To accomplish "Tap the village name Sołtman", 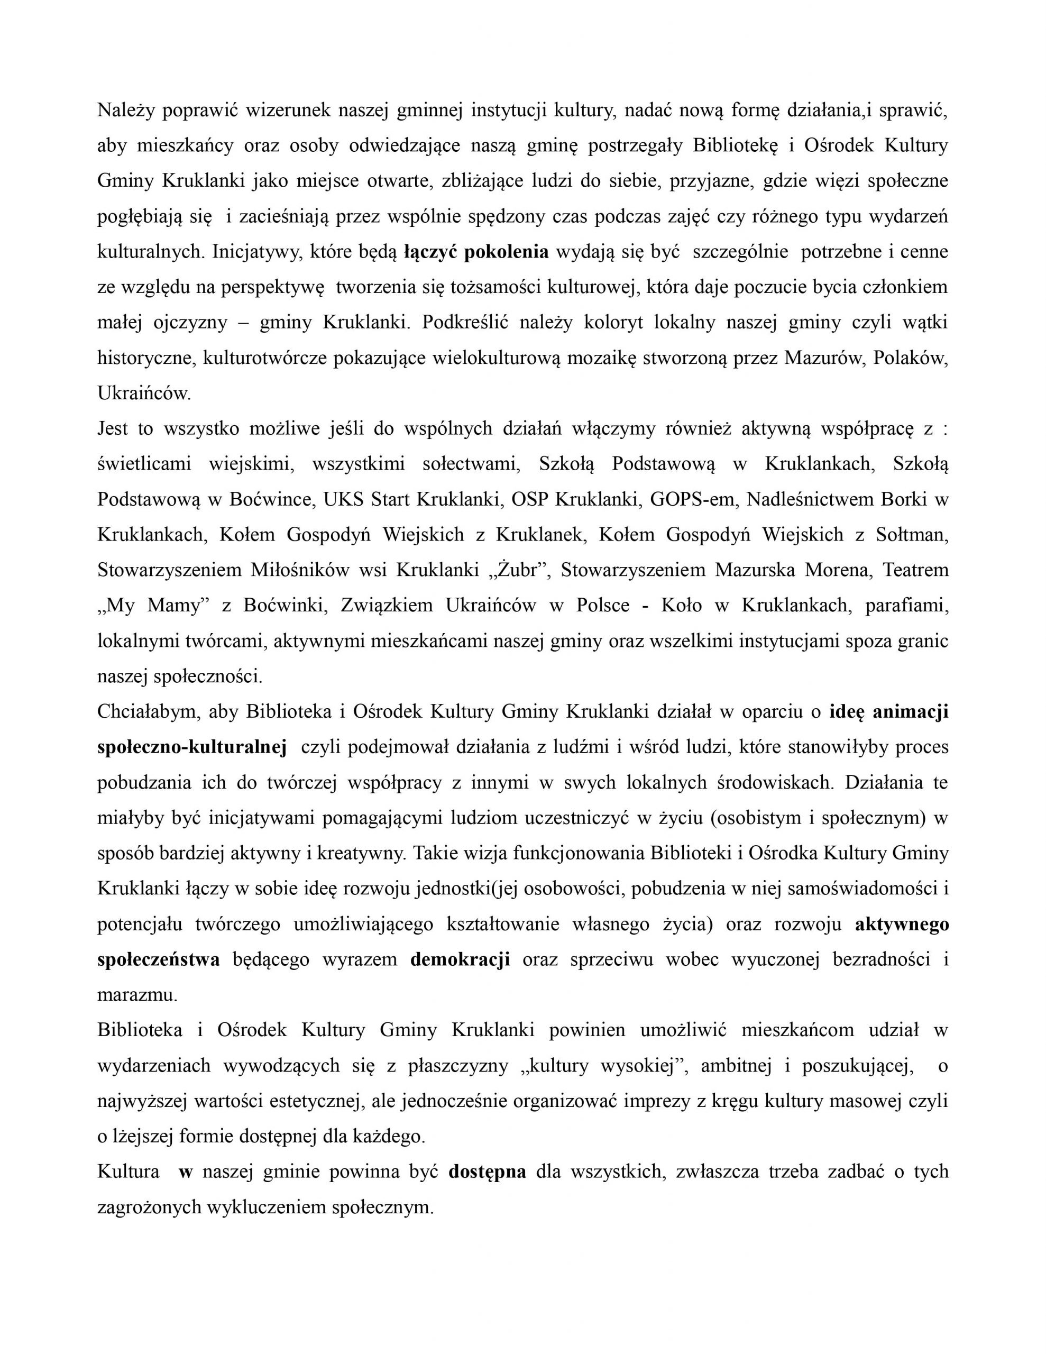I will [x=912, y=534].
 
